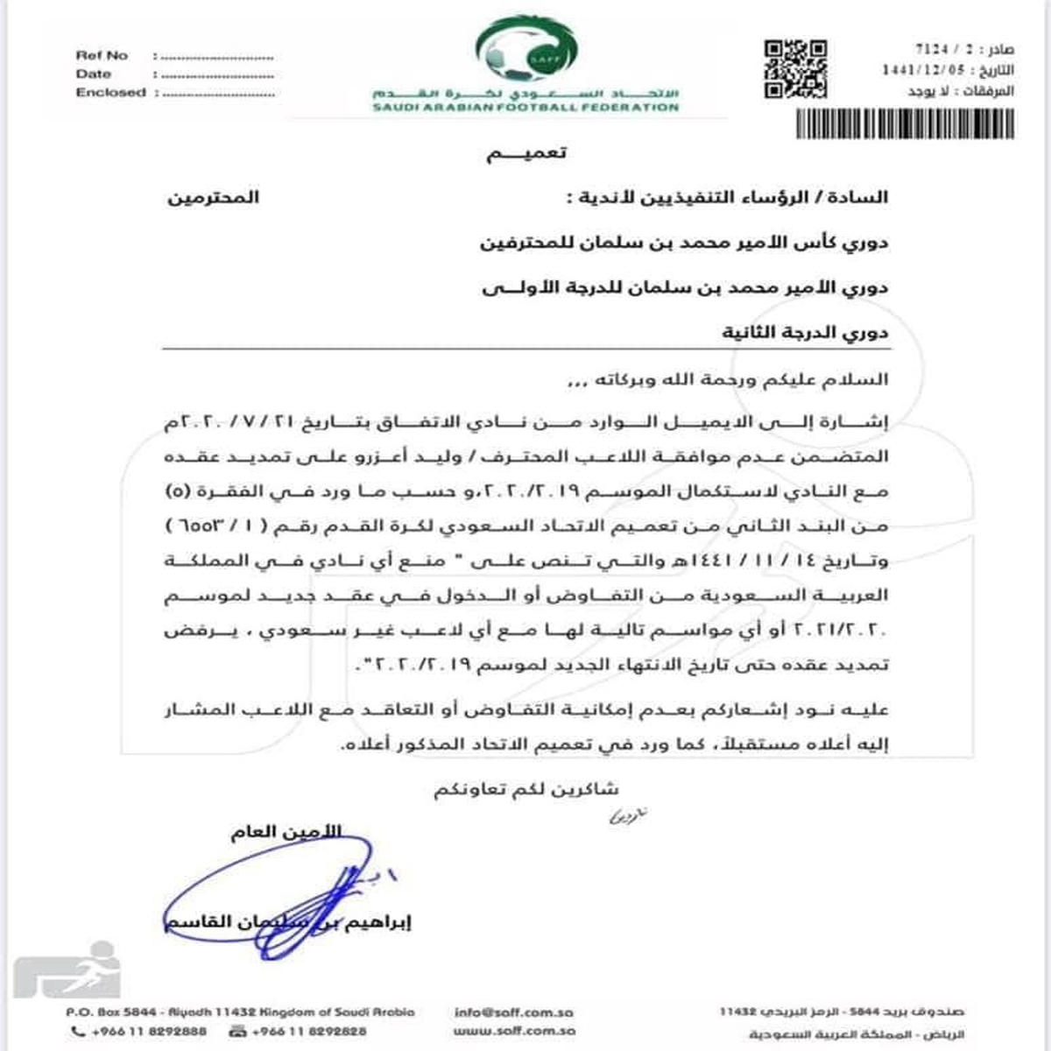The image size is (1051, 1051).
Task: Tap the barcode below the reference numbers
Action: tap(905, 124)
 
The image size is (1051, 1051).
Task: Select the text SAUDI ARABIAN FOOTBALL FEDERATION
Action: tap(525, 108)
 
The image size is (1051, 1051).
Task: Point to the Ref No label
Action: tap(102, 55)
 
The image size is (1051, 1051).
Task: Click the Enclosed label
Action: tap(110, 92)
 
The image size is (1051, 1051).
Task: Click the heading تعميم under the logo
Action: tap(526, 153)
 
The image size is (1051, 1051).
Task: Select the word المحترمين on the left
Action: tap(214, 197)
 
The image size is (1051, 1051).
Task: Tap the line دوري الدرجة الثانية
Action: tap(805, 332)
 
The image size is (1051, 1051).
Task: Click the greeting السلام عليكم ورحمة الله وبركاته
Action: tap(728, 379)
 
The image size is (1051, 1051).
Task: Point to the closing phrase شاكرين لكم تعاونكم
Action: tap(525, 789)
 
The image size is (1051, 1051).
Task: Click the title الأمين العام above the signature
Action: tap(286, 831)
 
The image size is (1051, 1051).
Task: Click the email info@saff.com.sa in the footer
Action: tap(514, 1012)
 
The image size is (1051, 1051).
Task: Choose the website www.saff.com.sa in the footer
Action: tap(514, 1032)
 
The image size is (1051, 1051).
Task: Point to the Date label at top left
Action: tap(94, 74)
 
